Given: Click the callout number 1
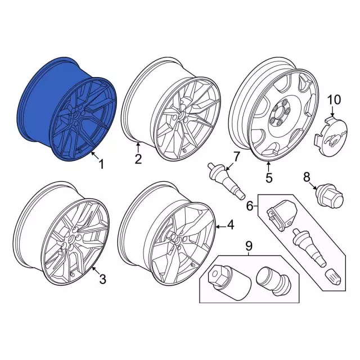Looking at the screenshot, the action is [x=101, y=164].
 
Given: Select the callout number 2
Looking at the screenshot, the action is [x=138, y=159].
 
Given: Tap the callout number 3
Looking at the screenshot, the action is [x=102, y=280].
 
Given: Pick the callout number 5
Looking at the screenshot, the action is [x=269, y=177].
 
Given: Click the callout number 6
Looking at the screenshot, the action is [x=250, y=206].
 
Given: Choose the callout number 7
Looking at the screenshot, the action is [x=236, y=157].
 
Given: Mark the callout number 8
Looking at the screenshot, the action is [x=307, y=177].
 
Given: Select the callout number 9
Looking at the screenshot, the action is [x=249, y=246].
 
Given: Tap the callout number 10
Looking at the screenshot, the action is [x=334, y=100].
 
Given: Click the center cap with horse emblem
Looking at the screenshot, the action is [x=331, y=136].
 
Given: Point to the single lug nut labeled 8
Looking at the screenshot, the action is [x=330, y=196].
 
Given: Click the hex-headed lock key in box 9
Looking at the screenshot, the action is [x=228, y=282].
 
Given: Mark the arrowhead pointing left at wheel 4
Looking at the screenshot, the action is [x=218, y=227].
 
